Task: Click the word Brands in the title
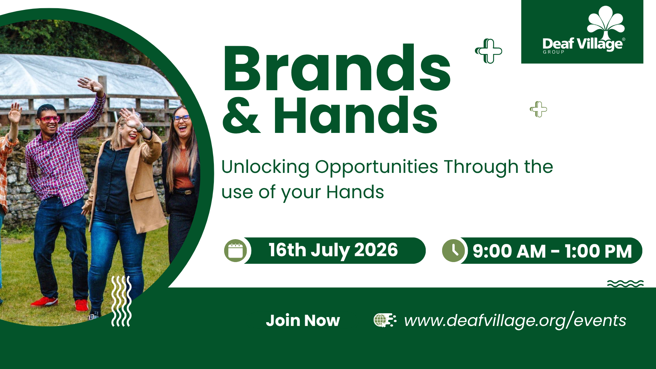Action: pos(337,68)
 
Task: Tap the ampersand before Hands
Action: pos(241,115)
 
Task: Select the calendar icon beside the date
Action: pos(235,251)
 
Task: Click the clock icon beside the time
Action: pos(453,251)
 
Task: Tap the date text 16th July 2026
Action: pos(333,250)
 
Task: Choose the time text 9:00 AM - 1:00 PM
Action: pos(552,251)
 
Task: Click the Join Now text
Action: pos(303,320)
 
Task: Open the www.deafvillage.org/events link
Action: pos(515,320)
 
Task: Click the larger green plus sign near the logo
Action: pos(489,51)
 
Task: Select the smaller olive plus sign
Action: pos(538,109)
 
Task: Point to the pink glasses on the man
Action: pos(50,119)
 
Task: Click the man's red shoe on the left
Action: pos(44,302)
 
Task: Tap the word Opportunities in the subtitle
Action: pos(377,167)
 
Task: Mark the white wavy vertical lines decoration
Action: pos(121,301)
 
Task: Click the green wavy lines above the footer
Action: pos(625,284)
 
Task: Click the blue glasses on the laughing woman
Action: pos(181,119)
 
